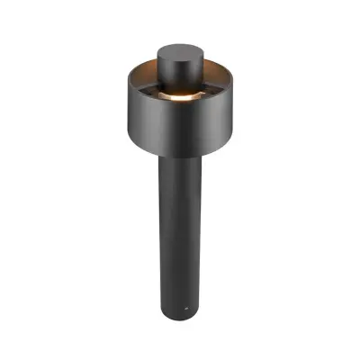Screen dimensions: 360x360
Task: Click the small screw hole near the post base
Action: point(185,307)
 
